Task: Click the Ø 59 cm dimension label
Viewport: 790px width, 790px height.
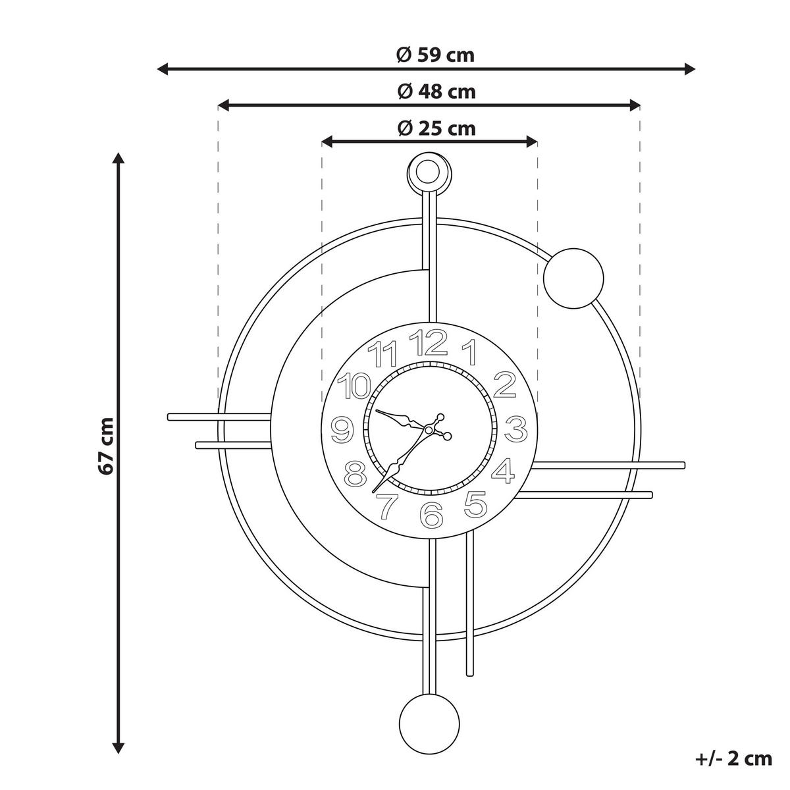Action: click(435, 55)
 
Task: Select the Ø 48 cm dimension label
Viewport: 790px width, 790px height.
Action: click(436, 92)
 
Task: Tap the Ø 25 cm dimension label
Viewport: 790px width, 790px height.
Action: click(436, 128)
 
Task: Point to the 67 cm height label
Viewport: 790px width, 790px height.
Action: click(106, 446)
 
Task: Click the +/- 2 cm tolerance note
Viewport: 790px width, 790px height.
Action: click(733, 758)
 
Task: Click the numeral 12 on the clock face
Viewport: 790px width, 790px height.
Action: click(428, 343)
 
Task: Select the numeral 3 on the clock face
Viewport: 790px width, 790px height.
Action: click(515, 429)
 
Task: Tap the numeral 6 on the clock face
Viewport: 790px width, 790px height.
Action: click(432, 515)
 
